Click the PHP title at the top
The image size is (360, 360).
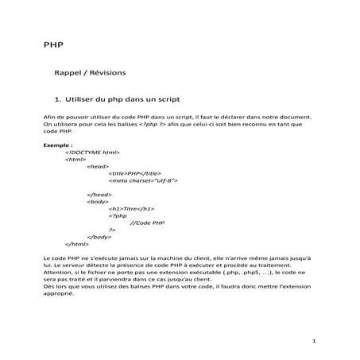click(52, 45)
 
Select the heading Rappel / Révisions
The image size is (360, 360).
click(89, 72)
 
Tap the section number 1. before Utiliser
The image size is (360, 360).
click(57, 100)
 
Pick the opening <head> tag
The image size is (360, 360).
click(98, 166)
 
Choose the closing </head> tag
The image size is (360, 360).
click(99, 195)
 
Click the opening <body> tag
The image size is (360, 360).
click(99, 202)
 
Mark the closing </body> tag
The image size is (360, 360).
click(99, 237)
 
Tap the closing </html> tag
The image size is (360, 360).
click(76, 244)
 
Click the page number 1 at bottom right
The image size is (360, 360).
click(315, 342)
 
